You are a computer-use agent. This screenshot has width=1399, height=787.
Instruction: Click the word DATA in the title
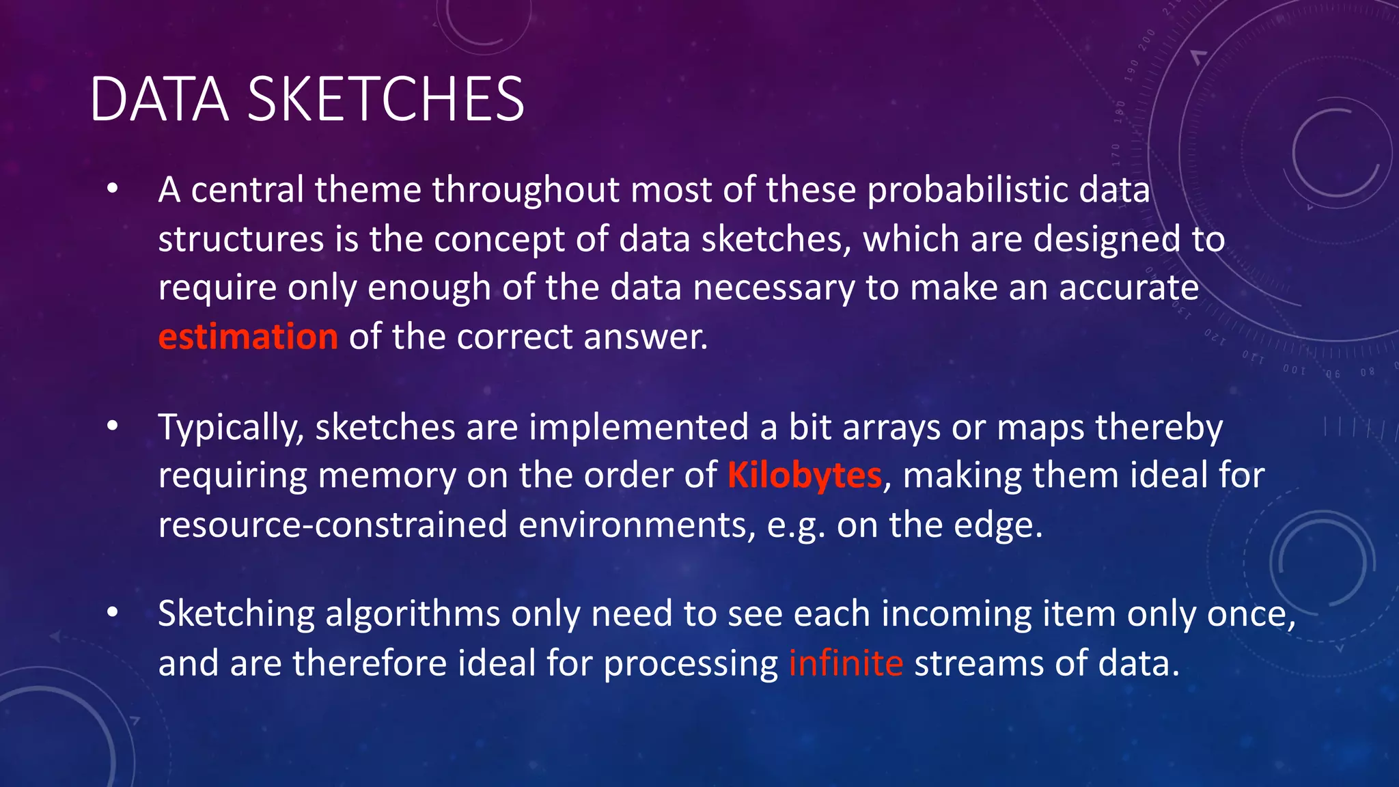(158, 100)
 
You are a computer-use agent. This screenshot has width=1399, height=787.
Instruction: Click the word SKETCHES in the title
(386, 100)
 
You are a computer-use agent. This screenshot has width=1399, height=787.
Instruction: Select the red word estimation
(248, 337)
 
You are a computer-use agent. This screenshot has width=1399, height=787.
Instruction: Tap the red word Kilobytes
(805, 475)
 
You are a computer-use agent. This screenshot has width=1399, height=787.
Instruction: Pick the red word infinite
(846, 663)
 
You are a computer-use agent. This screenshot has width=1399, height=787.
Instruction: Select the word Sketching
(236, 614)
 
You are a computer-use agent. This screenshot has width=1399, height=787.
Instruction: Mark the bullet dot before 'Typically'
(113, 426)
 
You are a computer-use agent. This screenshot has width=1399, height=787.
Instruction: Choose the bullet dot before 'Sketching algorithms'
(113, 613)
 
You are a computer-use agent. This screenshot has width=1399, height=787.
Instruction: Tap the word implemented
(639, 428)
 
